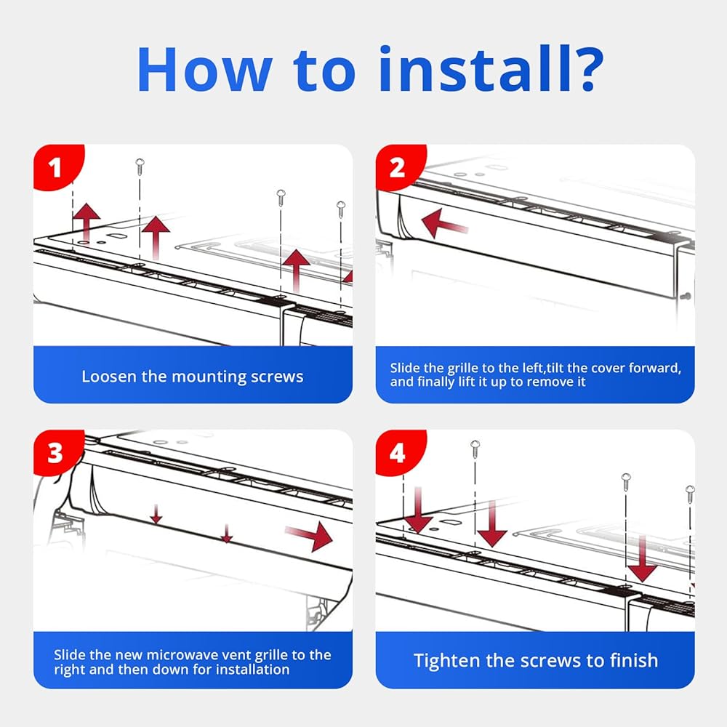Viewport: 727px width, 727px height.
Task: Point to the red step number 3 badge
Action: click(55, 454)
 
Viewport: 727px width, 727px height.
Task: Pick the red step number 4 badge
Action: click(397, 454)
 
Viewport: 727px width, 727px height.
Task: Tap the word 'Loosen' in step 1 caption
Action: click(105, 377)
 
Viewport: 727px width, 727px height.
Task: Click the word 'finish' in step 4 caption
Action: click(632, 660)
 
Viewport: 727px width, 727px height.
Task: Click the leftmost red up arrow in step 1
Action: click(87, 218)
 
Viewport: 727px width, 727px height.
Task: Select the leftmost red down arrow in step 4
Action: click(419, 512)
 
